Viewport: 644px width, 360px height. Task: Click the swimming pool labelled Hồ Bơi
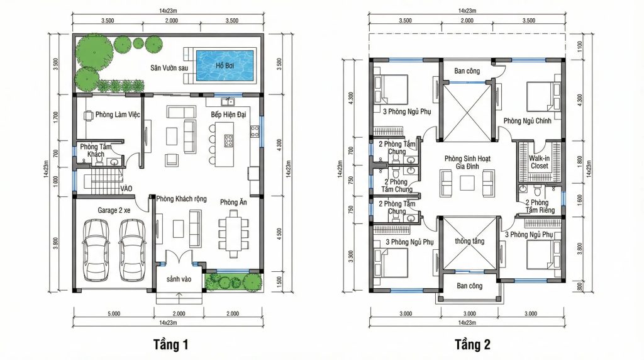pyautogui.click(x=225, y=65)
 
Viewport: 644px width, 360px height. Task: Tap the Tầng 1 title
pyautogui.click(x=171, y=344)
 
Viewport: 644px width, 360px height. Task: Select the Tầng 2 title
pyautogui.click(x=472, y=344)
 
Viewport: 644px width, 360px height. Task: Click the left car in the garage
pyautogui.click(x=96, y=250)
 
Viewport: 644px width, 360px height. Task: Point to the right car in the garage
pyautogui.click(x=133, y=250)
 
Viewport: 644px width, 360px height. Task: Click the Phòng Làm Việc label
pyautogui.click(x=118, y=115)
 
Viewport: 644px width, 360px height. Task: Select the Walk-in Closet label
pyautogui.click(x=539, y=162)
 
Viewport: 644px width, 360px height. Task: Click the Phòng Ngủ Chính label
pyautogui.click(x=528, y=121)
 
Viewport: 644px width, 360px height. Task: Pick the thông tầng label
pyautogui.click(x=469, y=241)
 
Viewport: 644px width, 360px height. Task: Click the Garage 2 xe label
pyautogui.click(x=114, y=210)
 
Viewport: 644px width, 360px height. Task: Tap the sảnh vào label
pyautogui.click(x=179, y=279)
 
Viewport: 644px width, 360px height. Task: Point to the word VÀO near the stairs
pyautogui.click(x=126, y=189)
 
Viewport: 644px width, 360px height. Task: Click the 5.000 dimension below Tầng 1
pyautogui.click(x=114, y=313)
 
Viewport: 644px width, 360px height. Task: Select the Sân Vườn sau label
pyautogui.click(x=169, y=68)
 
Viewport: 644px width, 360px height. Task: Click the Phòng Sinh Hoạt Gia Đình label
pyautogui.click(x=467, y=162)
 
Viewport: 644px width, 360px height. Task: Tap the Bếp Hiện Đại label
pyautogui.click(x=228, y=115)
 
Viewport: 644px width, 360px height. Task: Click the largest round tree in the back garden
pyautogui.click(x=94, y=50)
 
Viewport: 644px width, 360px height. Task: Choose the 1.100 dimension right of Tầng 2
pyautogui.click(x=579, y=45)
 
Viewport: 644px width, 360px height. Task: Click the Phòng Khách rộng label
pyautogui.click(x=181, y=199)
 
